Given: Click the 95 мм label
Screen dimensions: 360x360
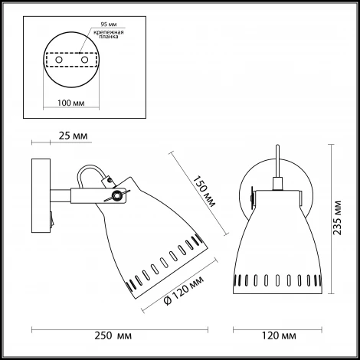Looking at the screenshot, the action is click(x=109, y=25).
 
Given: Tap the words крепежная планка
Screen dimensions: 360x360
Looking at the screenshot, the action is click(x=109, y=34).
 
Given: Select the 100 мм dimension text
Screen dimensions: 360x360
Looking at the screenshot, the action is click(x=71, y=103).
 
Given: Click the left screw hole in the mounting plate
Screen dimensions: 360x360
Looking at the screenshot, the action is click(x=59, y=60).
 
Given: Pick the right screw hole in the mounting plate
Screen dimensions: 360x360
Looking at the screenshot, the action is click(x=84, y=60).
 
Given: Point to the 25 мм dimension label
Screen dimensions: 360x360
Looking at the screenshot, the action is click(x=73, y=136).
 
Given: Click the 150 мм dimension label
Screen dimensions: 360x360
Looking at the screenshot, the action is click(x=204, y=191).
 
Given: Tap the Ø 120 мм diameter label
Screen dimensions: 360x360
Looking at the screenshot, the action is click(x=184, y=290).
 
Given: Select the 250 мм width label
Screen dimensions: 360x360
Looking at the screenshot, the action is click(x=113, y=335).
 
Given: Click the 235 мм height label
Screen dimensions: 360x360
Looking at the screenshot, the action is click(x=338, y=218).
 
